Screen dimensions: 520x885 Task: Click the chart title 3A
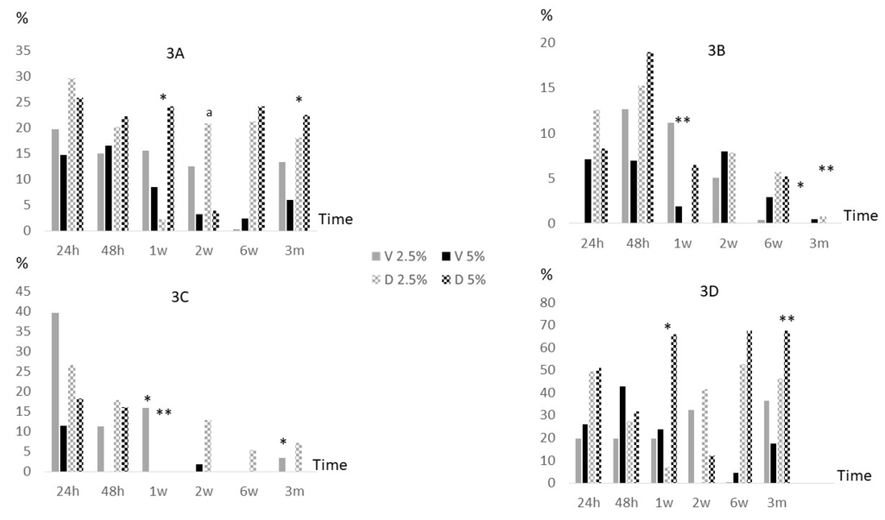175,54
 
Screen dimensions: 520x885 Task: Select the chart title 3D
709,292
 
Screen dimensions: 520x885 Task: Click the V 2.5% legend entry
399,257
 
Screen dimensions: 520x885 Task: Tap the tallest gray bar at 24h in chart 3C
55,391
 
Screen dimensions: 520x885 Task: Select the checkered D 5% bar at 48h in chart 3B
650,138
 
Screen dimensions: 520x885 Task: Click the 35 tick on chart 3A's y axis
23,51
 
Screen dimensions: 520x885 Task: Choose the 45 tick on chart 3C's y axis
23,292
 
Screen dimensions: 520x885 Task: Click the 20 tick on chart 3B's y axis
548,43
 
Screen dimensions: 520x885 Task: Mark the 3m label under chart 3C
294,491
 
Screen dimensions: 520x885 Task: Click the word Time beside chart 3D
854,476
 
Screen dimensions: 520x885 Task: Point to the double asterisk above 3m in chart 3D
787,319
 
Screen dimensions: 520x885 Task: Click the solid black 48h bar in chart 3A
108,188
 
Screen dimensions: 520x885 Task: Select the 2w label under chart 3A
204,251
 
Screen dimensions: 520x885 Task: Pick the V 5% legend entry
463,257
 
